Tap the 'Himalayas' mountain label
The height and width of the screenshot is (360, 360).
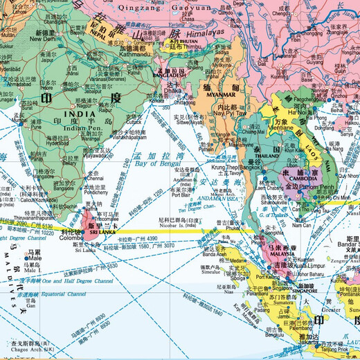point(206,33)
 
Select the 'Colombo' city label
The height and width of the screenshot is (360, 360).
point(69,242)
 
